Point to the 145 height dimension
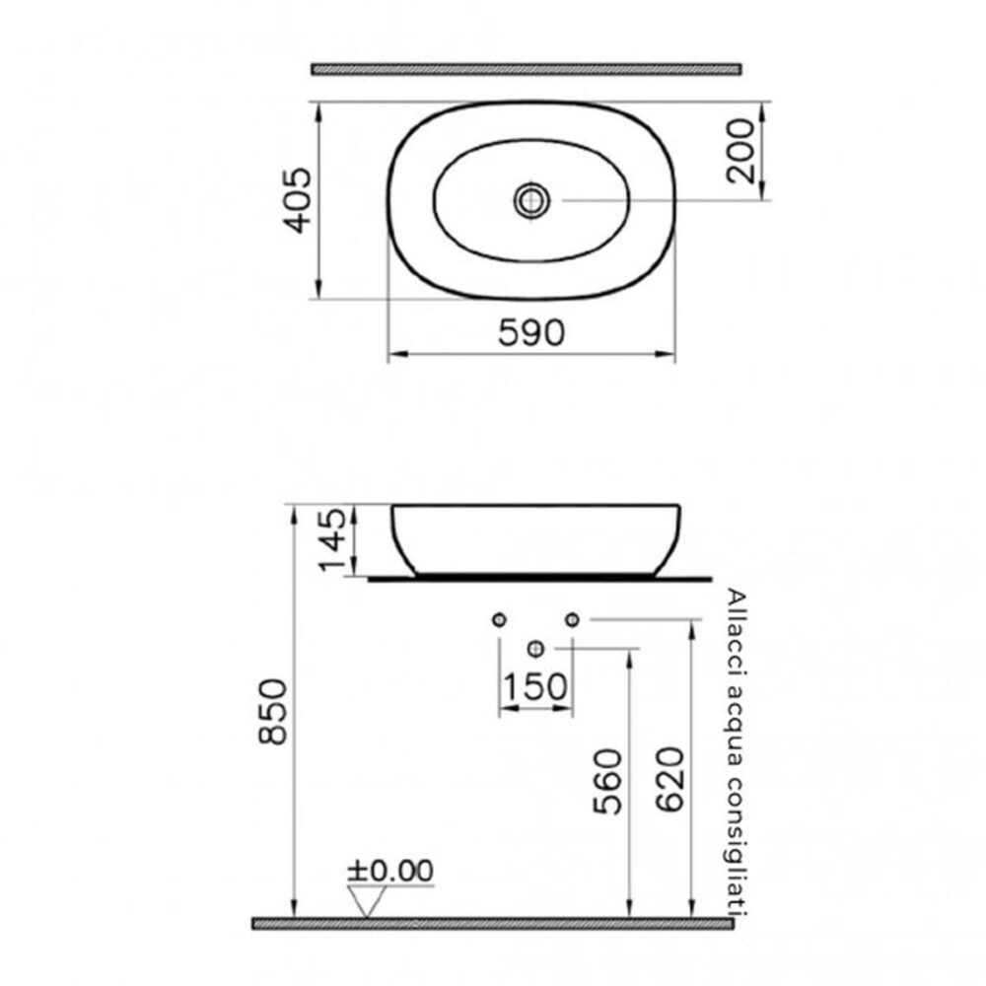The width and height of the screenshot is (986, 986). (332, 539)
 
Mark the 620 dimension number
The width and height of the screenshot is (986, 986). (669, 779)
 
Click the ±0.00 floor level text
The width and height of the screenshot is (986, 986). (389, 871)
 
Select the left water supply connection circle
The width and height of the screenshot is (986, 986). (499, 618)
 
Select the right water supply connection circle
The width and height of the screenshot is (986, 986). (571, 618)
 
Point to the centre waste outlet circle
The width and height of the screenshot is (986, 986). (535, 648)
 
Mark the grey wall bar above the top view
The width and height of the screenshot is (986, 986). (526, 69)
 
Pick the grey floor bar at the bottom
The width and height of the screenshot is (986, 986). (493, 924)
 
